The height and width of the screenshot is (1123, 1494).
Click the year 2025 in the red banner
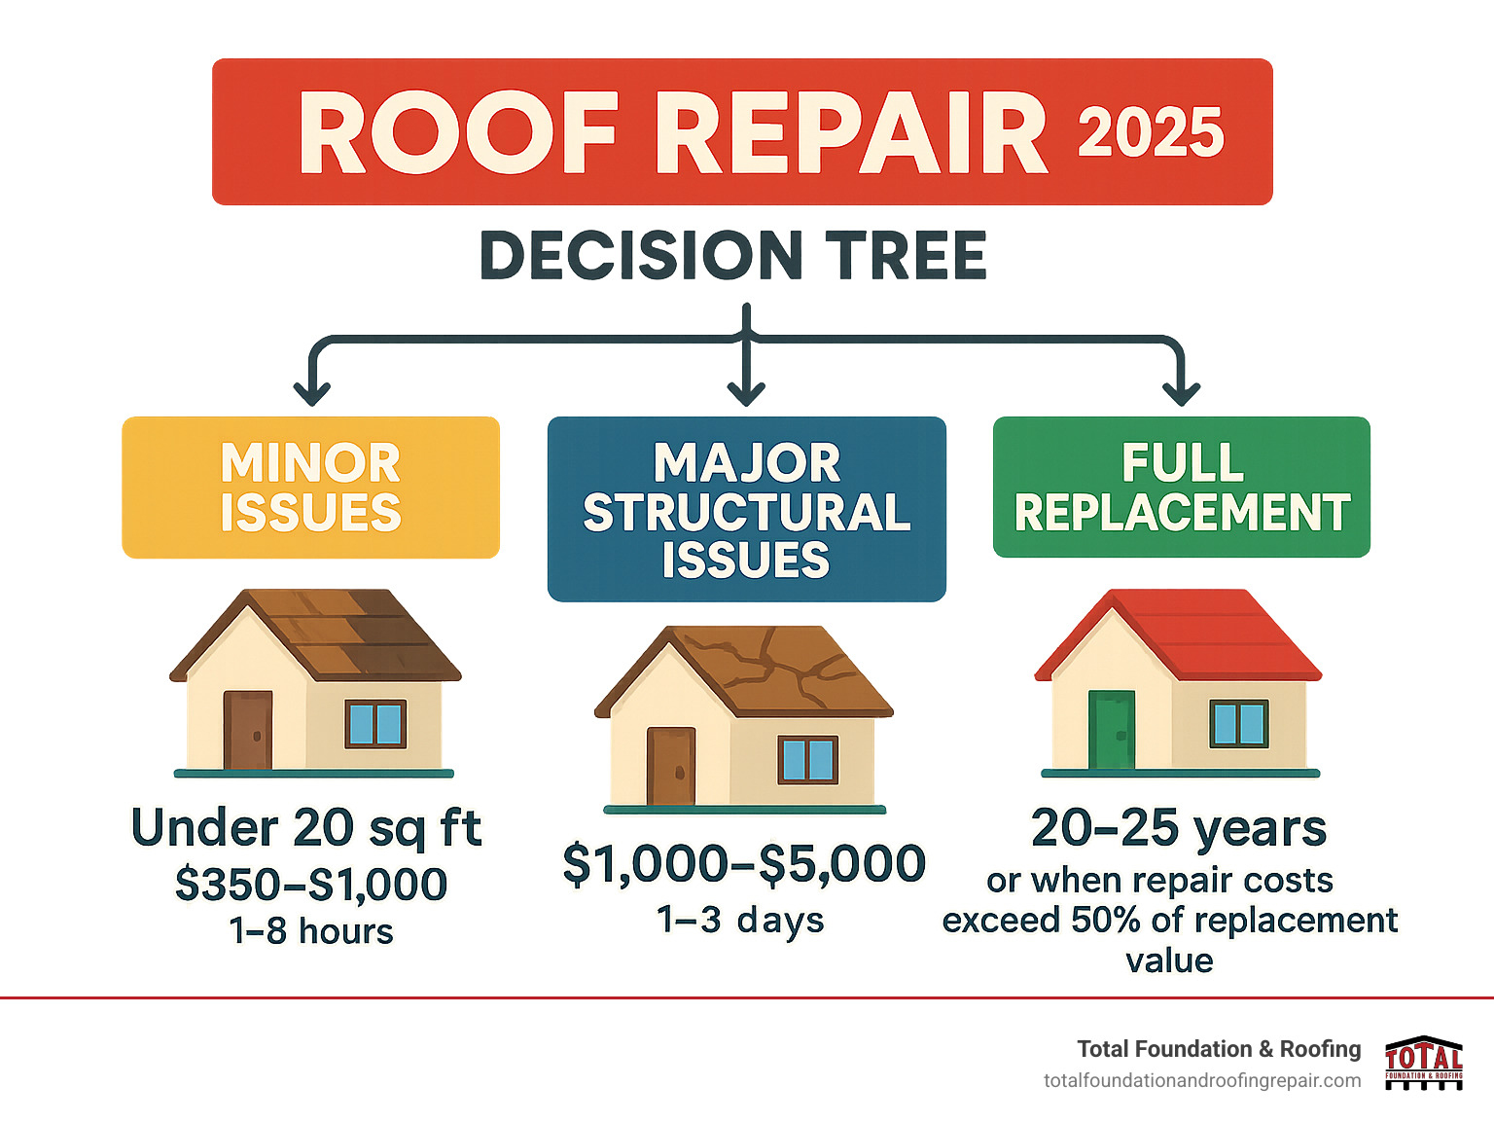coord(1151,132)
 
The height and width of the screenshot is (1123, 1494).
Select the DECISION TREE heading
coord(733,256)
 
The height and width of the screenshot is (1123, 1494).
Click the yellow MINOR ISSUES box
coord(310,488)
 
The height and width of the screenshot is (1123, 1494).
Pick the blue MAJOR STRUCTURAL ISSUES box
coord(746,509)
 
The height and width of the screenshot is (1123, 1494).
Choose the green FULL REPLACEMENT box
coord(1181,487)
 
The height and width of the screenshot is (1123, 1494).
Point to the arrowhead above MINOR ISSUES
coord(312,392)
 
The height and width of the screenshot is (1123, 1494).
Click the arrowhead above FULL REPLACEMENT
coord(1181,392)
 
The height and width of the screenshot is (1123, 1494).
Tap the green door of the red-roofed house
coord(1111,730)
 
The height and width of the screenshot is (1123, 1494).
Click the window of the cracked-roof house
coord(807,760)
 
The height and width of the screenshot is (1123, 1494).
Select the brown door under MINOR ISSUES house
coord(247,731)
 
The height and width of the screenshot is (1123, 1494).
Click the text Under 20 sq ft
coord(306,828)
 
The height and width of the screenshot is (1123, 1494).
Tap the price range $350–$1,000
coord(311,885)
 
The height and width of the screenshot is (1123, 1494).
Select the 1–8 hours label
coord(311,931)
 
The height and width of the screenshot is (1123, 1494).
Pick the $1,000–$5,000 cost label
coord(744,864)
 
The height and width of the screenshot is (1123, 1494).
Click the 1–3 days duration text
coord(740,920)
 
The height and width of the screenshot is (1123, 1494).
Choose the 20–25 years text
coord(1179,829)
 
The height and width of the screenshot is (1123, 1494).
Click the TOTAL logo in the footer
coord(1424,1063)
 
